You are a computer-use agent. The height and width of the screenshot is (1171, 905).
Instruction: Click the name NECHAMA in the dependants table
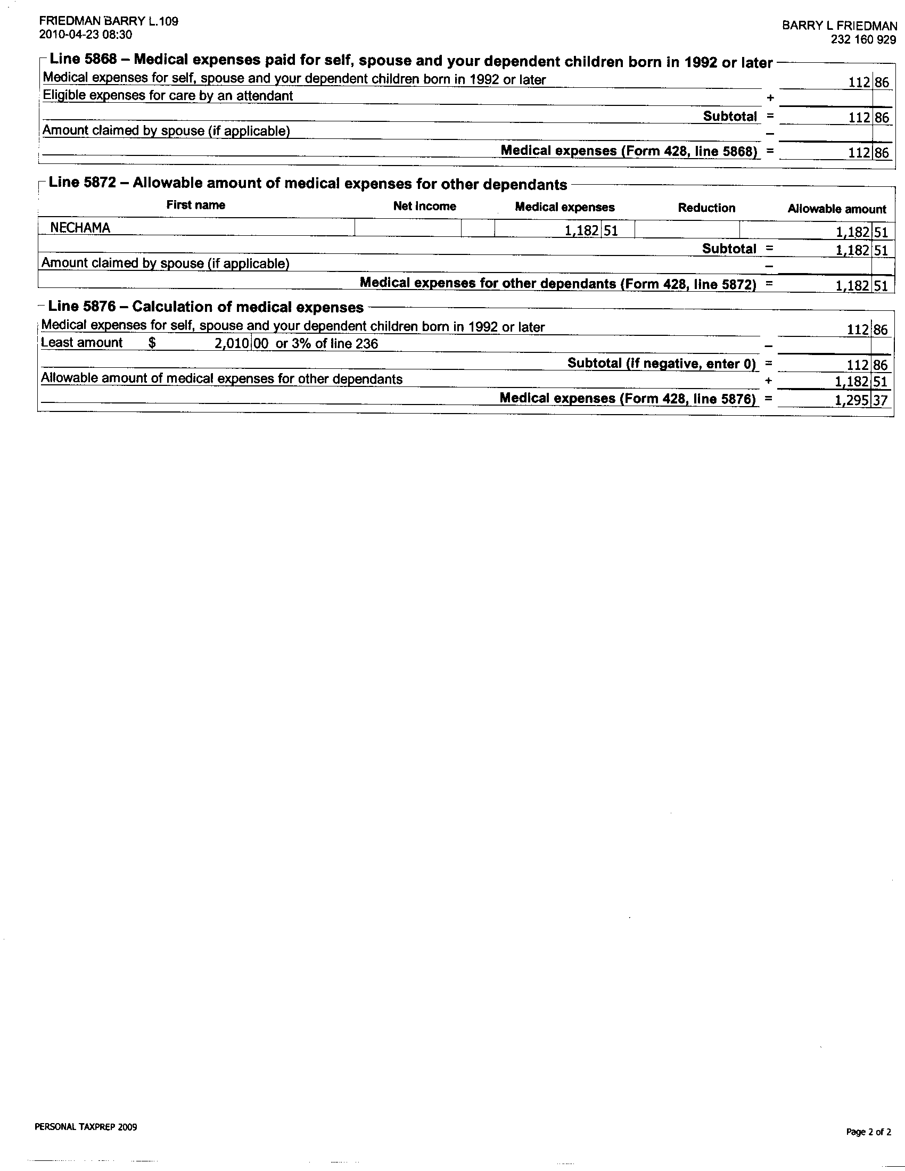click(80, 228)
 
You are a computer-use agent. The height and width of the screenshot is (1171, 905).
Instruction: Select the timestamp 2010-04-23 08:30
click(86, 35)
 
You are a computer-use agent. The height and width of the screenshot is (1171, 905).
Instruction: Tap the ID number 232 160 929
click(863, 40)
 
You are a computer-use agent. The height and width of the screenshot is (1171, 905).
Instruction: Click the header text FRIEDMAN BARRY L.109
click(109, 21)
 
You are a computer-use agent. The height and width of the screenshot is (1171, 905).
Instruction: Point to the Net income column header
click(424, 207)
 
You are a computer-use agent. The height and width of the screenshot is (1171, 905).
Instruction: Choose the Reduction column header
click(706, 208)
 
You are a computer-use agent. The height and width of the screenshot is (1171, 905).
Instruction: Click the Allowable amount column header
click(836, 209)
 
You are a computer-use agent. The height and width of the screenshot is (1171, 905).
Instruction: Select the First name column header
click(196, 205)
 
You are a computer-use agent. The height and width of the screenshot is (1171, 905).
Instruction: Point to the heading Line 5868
click(83, 59)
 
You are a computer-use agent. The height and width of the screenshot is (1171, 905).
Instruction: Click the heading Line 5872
click(82, 182)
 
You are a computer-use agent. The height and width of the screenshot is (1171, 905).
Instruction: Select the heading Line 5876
click(81, 307)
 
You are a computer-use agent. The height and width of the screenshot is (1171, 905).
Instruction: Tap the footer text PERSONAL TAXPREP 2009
click(86, 1127)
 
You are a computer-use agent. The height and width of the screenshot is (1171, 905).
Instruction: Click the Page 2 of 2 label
click(869, 1132)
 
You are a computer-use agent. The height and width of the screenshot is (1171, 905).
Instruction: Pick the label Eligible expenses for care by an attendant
click(168, 96)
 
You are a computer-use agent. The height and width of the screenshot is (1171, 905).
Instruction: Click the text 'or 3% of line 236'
click(326, 344)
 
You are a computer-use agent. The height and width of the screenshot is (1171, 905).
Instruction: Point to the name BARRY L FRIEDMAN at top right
click(839, 26)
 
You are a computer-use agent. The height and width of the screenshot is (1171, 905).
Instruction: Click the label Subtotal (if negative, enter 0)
click(662, 364)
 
